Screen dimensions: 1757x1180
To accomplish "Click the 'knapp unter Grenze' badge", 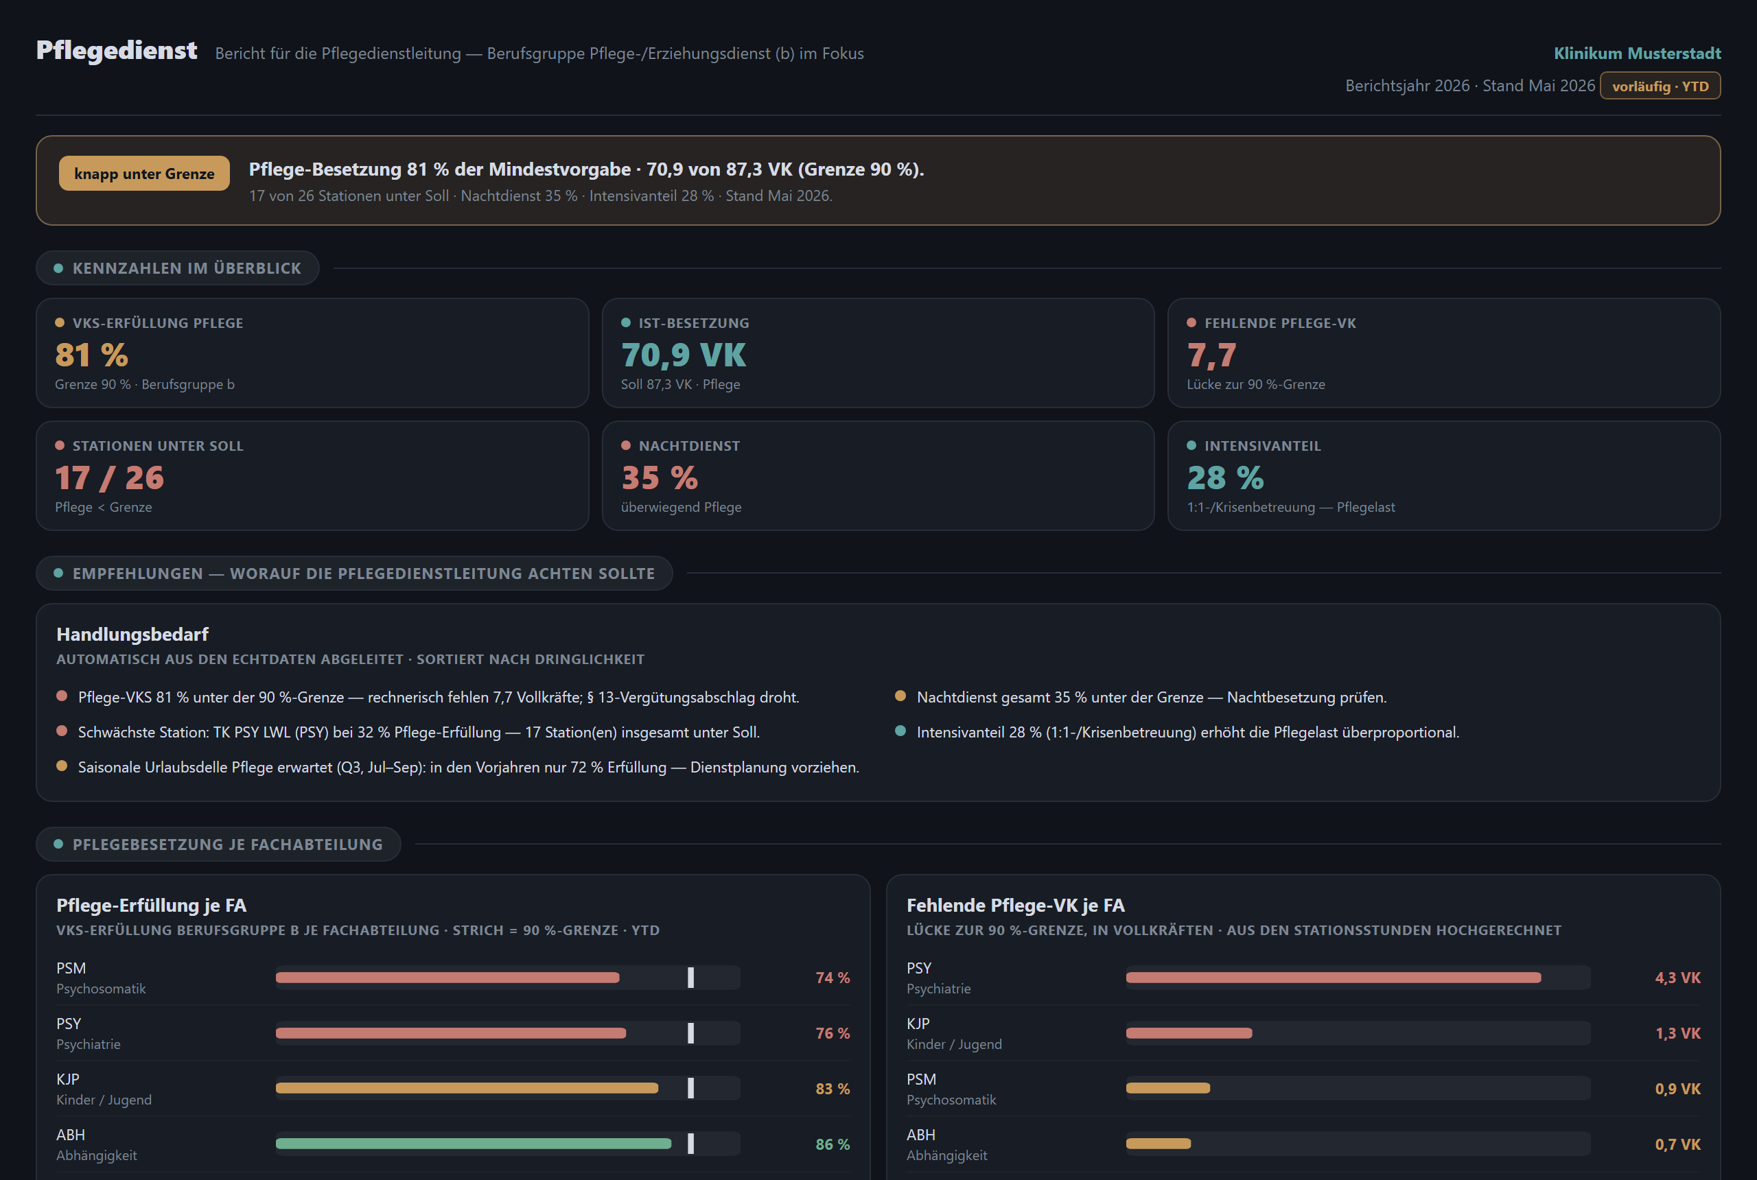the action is click(143, 173).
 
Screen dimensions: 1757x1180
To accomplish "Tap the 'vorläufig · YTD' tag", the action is click(1660, 86).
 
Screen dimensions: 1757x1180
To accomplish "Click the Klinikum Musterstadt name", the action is click(1638, 54).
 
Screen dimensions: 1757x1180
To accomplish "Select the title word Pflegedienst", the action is click(117, 50).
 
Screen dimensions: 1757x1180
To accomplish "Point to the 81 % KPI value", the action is click(91, 355).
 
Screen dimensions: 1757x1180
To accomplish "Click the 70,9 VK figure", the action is click(684, 355).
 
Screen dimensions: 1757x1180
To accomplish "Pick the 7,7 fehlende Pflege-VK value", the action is click(1211, 355).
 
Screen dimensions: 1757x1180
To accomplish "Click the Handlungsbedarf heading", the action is click(132, 635).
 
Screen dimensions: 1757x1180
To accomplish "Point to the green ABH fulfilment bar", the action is click(474, 1144).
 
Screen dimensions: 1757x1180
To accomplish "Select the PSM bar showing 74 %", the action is click(448, 978).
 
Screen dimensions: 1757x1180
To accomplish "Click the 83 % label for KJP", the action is click(833, 1089).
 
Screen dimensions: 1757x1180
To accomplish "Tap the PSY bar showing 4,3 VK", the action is click(1333, 978).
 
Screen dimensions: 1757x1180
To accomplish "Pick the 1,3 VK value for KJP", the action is click(1678, 1033).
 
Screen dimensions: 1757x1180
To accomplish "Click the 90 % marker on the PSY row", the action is click(690, 1033).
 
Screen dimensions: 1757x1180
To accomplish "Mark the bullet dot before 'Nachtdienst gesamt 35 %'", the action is click(900, 696).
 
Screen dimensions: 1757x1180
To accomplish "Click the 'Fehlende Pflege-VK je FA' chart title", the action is click(1016, 906).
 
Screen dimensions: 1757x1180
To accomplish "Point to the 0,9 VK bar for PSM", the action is click(1168, 1088).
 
